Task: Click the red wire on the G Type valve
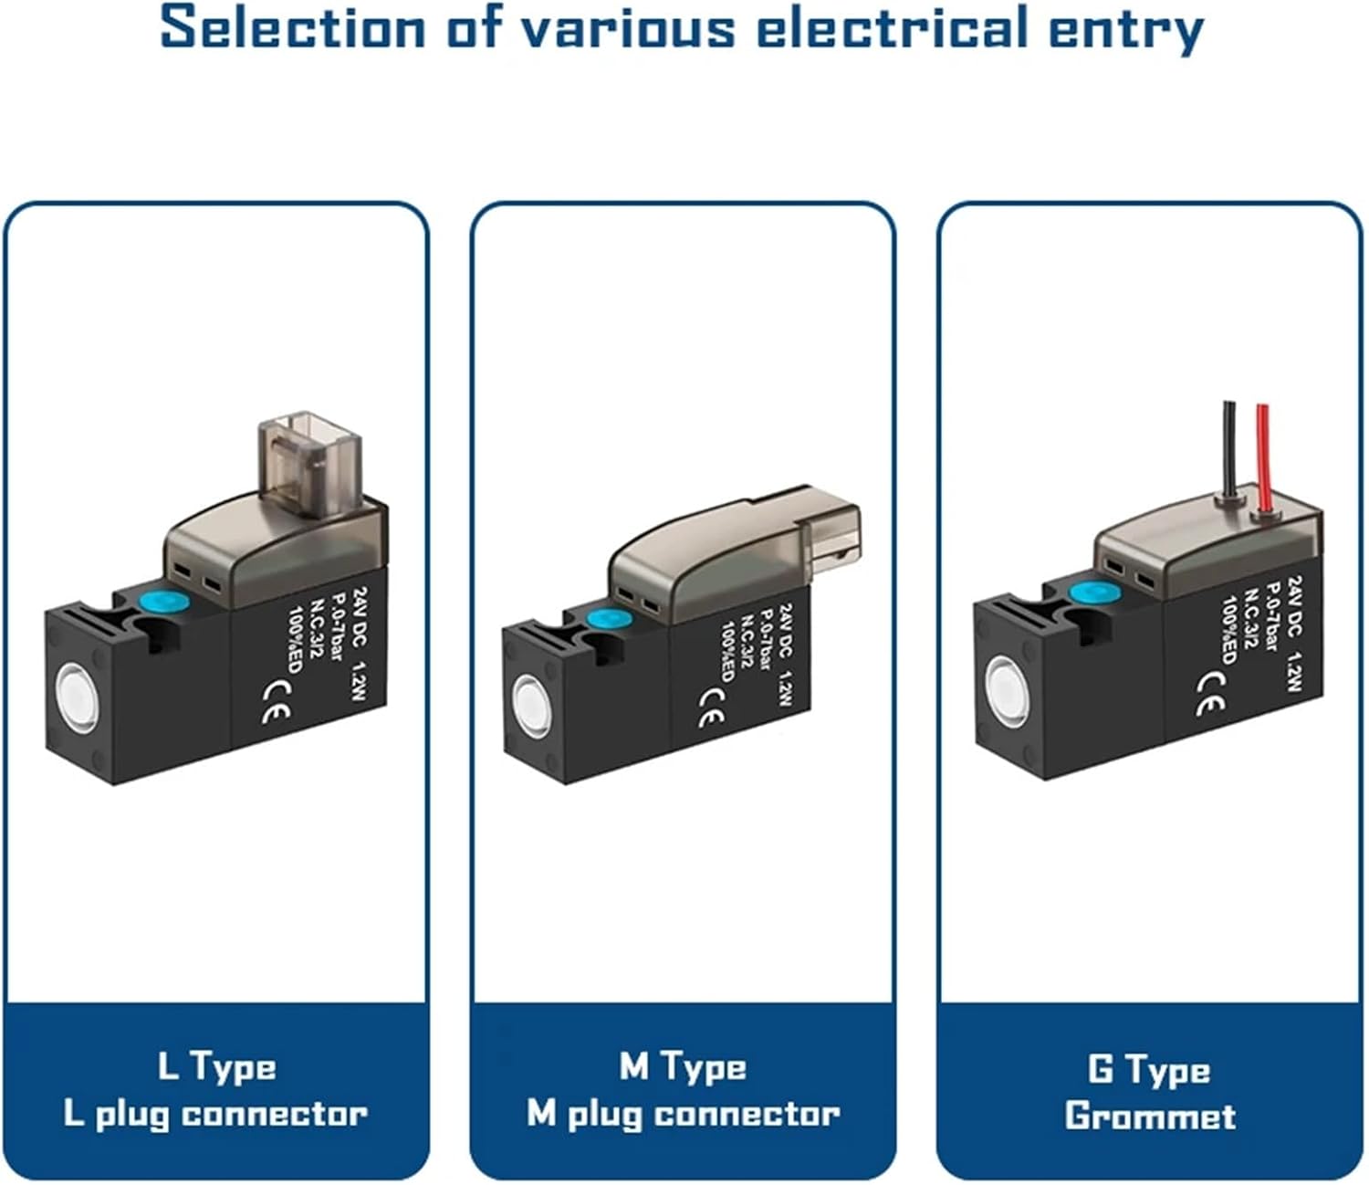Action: (x=1263, y=456)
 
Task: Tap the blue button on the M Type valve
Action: (x=603, y=619)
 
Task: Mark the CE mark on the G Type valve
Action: (x=1211, y=694)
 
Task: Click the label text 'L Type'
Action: (x=216, y=1066)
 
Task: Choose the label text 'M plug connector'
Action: (x=683, y=1114)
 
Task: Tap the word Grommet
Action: (x=1149, y=1116)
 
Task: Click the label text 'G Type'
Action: (x=1149, y=1068)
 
